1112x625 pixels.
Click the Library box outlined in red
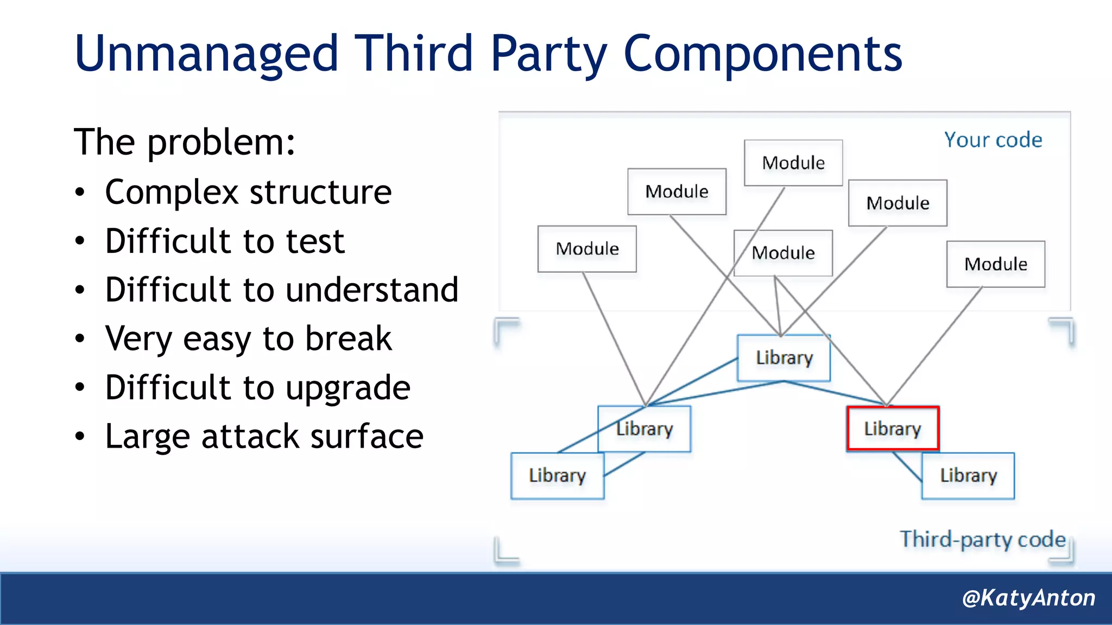click(x=892, y=429)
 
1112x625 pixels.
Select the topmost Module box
click(x=793, y=163)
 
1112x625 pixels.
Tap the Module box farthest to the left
click(x=587, y=249)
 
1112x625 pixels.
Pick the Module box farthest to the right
click(x=995, y=264)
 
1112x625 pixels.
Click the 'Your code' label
click(x=993, y=140)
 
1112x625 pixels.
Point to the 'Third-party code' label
click(x=983, y=539)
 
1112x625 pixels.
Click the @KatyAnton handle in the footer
click(x=1028, y=598)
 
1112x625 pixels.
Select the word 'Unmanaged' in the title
click(x=206, y=54)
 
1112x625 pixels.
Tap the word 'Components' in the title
click(x=763, y=54)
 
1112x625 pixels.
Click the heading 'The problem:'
click(x=185, y=142)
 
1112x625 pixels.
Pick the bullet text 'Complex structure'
click(x=248, y=192)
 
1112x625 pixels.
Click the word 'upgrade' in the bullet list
click(x=348, y=388)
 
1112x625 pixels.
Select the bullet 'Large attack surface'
click(x=264, y=436)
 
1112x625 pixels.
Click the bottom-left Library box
click(x=557, y=476)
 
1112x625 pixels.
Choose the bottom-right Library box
click(x=968, y=476)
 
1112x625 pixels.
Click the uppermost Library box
click(x=784, y=358)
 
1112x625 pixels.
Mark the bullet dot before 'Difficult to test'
click(x=80, y=241)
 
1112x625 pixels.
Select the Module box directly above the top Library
click(x=783, y=253)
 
